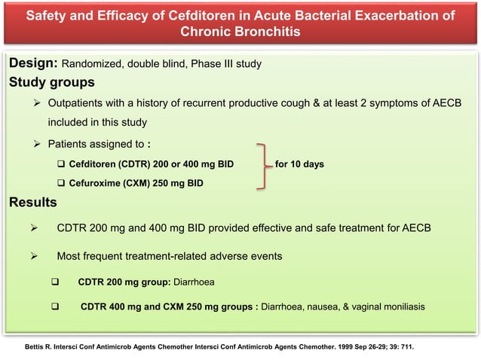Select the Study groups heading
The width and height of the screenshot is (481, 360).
click(51, 82)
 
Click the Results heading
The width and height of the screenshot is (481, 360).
click(32, 202)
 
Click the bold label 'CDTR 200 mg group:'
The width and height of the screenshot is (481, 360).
click(124, 283)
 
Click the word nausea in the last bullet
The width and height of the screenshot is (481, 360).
click(314, 307)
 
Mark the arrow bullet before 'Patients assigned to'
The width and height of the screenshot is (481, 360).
click(37, 142)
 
